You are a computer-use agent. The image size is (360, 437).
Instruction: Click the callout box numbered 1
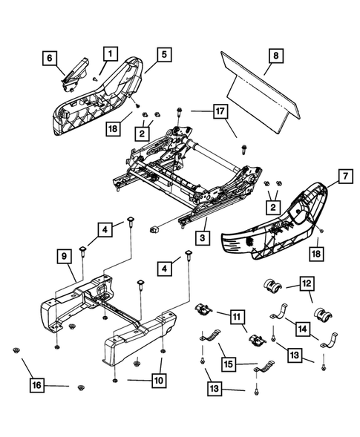pos(109,53)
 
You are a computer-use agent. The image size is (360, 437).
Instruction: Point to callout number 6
pos(50,58)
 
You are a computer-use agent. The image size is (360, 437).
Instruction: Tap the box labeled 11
pos(237,319)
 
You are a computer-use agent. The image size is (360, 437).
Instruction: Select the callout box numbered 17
pos(219,112)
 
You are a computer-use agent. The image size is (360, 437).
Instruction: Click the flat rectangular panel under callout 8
pos(264,99)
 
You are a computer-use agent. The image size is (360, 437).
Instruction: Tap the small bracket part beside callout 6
pos(78,68)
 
